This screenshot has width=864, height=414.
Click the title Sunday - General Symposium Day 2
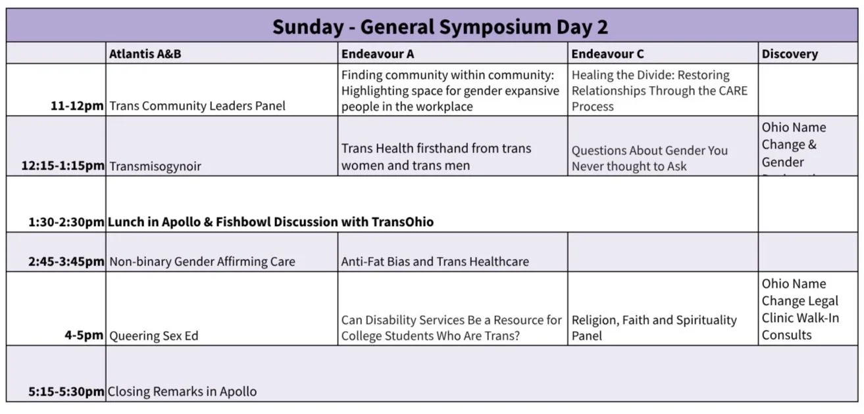click(440, 27)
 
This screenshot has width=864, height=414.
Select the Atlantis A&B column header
click(145, 54)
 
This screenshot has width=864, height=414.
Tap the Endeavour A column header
click(377, 54)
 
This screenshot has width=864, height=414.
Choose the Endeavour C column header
click(607, 54)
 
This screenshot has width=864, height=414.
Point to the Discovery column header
click(790, 54)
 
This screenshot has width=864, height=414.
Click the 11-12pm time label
click(77, 106)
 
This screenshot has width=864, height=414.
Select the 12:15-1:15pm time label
click(63, 166)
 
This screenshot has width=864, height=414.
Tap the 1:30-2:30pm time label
click(66, 222)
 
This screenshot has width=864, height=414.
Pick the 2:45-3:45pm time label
click(66, 262)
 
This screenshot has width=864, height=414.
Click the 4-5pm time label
click(84, 335)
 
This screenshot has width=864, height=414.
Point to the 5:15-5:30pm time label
click(66, 392)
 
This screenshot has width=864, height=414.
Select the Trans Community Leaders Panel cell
click(197, 106)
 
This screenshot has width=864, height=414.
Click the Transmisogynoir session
click(155, 166)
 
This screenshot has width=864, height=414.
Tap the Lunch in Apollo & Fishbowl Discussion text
click(270, 222)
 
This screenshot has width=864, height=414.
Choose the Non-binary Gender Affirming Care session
click(202, 262)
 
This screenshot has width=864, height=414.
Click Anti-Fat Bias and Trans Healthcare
click(434, 262)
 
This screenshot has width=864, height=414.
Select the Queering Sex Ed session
click(154, 336)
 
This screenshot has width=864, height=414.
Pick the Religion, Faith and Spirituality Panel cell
click(653, 327)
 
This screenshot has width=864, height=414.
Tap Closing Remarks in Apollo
click(182, 392)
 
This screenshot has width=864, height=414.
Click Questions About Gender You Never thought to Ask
click(649, 158)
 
